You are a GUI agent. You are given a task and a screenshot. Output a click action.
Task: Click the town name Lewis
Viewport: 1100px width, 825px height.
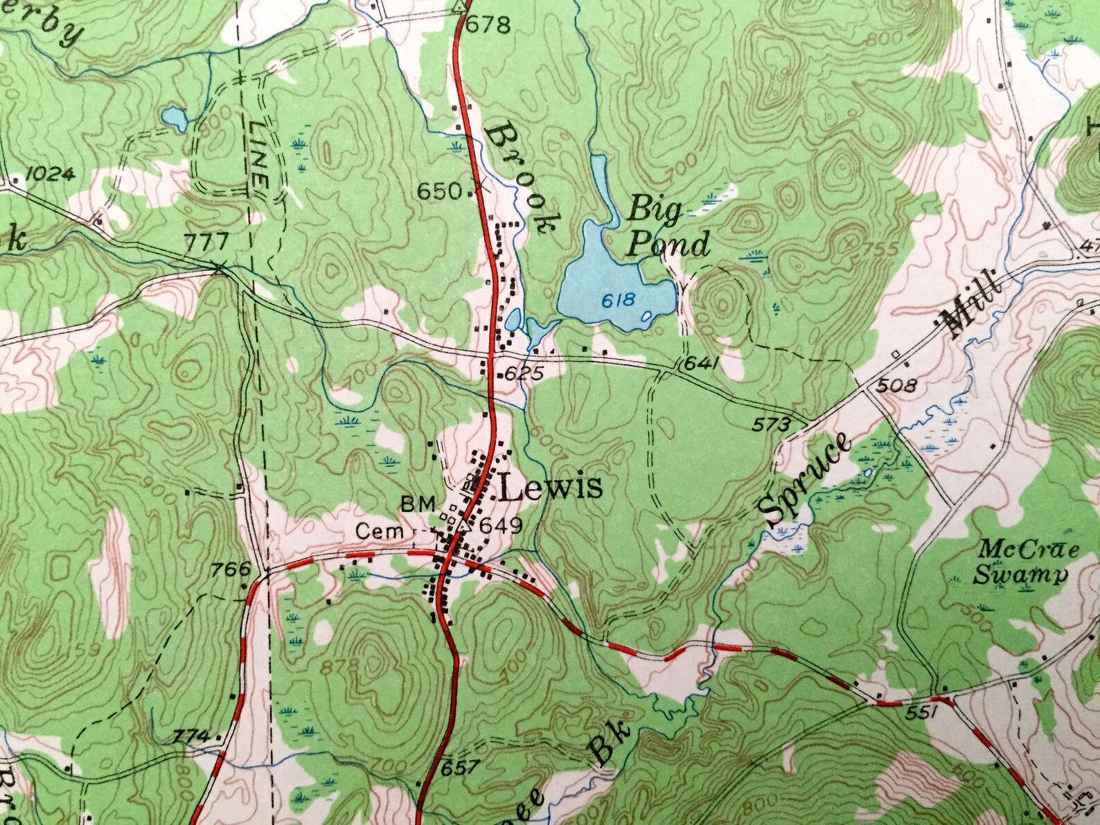[x=550, y=488]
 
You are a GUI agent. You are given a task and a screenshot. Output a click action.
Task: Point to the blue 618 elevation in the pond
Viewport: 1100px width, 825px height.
[x=618, y=300]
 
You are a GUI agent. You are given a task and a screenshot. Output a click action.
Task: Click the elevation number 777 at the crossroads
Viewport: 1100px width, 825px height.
[x=206, y=242]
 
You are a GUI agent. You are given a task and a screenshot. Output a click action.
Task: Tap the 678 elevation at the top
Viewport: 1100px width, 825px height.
[x=488, y=26]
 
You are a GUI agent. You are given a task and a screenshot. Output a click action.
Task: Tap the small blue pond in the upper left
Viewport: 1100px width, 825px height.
[x=174, y=118]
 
